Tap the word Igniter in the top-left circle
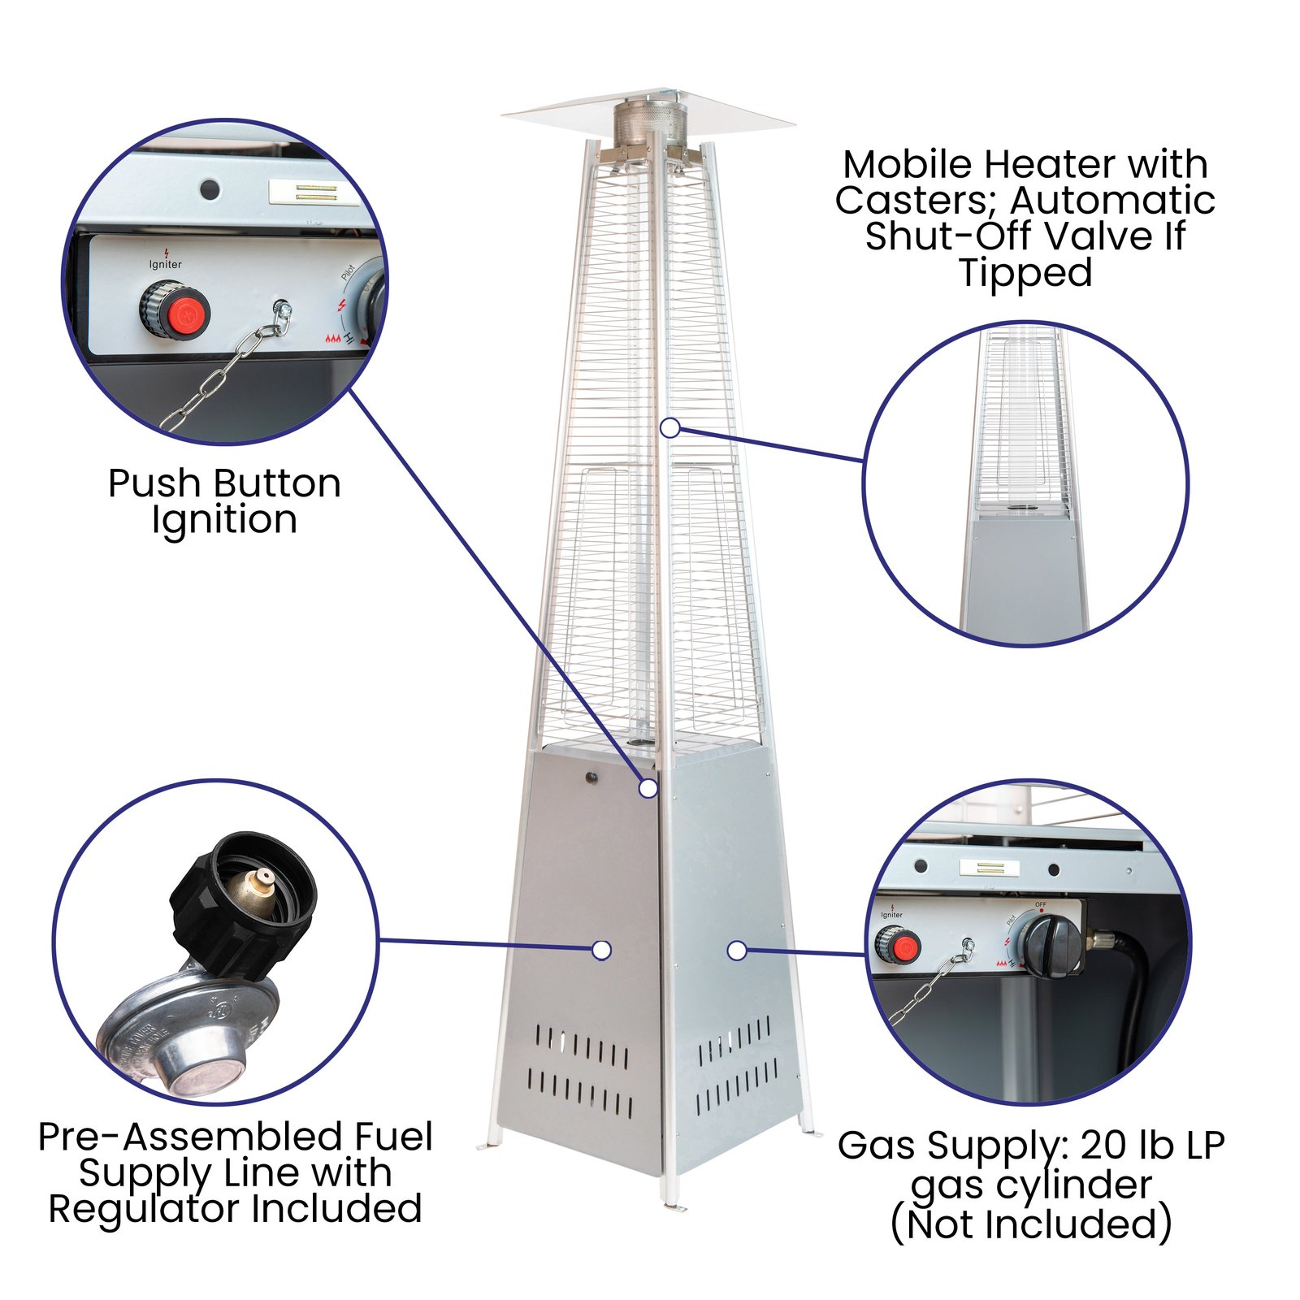tap(166, 265)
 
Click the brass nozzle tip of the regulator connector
tap(262, 878)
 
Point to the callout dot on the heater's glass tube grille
tap(669, 427)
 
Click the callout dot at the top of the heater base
tap(648, 787)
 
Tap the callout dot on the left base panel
tap(601, 950)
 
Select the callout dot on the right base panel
tap(736, 950)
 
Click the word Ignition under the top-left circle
tap(224, 520)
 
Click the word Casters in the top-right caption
tap(913, 201)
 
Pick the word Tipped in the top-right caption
tap(1025, 272)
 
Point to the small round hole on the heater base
tap(591, 778)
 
